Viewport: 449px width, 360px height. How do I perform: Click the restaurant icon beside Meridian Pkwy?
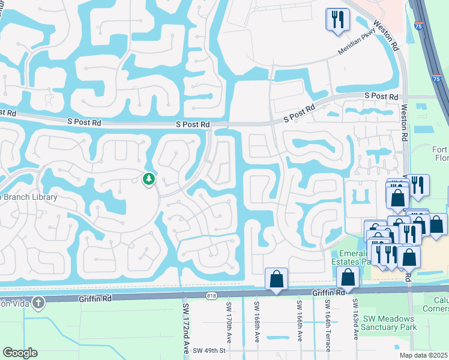[x=338, y=19]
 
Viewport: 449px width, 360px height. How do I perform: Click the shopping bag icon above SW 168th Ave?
[x=276, y=278]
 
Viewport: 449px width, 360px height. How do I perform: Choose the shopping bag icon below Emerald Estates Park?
[x=348, y=277]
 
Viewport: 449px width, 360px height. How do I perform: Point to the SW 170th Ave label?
[x=229, y=321]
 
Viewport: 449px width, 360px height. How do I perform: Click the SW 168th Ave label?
[x=256, y=321]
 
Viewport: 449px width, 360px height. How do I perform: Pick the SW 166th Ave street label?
[x=298, y=321]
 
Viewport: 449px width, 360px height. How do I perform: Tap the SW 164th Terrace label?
[x=328, y=324]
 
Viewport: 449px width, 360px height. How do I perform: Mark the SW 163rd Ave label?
[x=355, y=321]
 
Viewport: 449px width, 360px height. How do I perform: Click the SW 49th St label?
[x=209, y=350]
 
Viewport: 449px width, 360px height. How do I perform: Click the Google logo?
[x=20, y=353]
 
